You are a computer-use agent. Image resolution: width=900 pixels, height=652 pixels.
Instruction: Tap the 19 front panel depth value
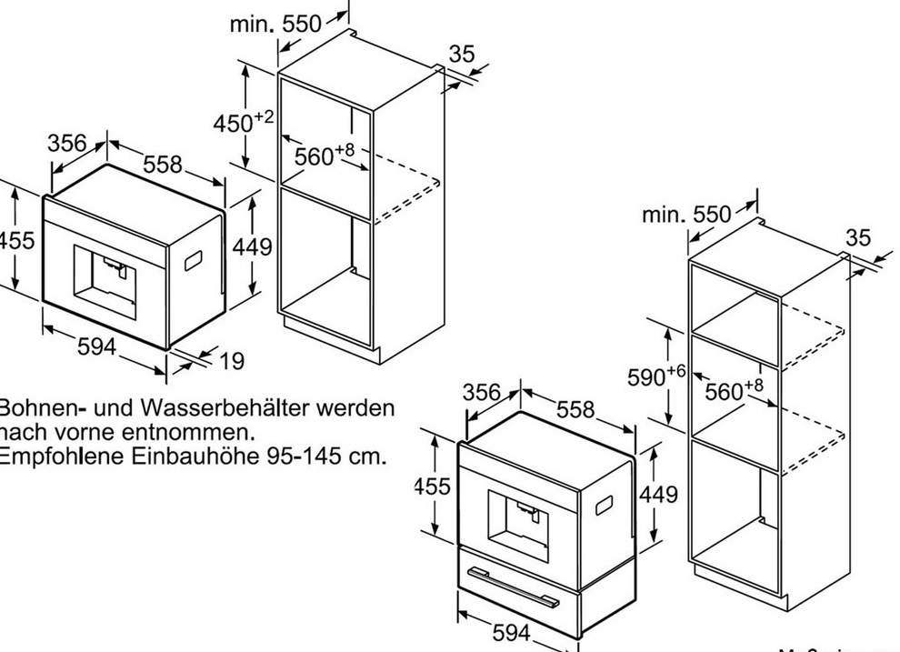click(232, 361)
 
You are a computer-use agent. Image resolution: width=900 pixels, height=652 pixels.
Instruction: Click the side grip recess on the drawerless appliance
click(195, 262)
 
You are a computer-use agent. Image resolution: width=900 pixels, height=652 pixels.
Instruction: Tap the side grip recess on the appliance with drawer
click(604, 506)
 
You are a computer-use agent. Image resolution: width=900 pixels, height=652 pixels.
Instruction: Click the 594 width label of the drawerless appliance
click(95, 346)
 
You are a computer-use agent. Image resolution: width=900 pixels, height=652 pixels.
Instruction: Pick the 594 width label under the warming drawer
click(511, 632)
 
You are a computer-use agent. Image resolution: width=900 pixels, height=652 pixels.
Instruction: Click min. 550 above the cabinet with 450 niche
click(275, 25)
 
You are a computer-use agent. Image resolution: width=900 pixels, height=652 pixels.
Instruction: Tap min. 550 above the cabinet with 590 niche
click(686, 215)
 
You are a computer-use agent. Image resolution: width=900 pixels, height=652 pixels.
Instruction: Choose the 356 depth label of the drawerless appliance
click(67, 144)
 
